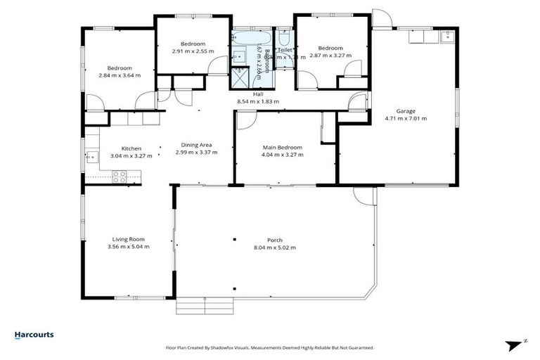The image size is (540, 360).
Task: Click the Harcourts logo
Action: tap(34, 335)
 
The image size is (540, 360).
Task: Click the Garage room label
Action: tap(406, 110)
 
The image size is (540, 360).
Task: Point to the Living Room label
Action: tap(128, 239)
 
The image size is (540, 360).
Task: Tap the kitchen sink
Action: tap(91, 157)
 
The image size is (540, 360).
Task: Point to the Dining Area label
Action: tap(197, 145)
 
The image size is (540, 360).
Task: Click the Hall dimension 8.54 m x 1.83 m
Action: tap(258, 101)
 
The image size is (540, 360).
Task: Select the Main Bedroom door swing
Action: tap(244, 122)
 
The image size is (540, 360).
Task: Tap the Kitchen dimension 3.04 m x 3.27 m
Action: tap(131, 155)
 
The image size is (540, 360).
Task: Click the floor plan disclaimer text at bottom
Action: tap(269, 347)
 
